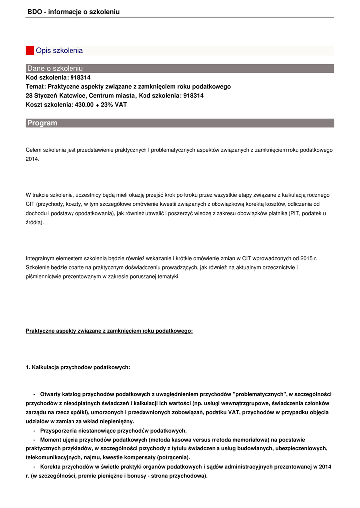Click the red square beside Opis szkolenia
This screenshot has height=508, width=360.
(x=30, y=51)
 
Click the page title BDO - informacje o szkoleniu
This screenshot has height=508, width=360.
(x=73, y=12)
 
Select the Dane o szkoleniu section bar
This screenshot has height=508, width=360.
(x=180, y=68)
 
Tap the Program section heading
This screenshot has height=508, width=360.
(x=42, y=123)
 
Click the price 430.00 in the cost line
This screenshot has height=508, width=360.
(x=84, y=105)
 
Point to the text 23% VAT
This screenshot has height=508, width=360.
(x=115, y=105)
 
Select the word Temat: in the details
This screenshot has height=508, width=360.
(x=36, y=87)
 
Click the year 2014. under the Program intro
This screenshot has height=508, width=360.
(x=32, y=159)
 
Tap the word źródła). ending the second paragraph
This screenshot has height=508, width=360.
(x=35, y=222)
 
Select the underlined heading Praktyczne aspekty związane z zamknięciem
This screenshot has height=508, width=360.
(x=109, y=331)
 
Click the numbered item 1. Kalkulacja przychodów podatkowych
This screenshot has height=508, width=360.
(x=78, y=367)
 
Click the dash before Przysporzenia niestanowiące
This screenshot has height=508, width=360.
(x=34, y=430)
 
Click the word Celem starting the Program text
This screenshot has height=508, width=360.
(x=33, y=150)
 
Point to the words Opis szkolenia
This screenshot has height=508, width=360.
(x=60, y=51)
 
